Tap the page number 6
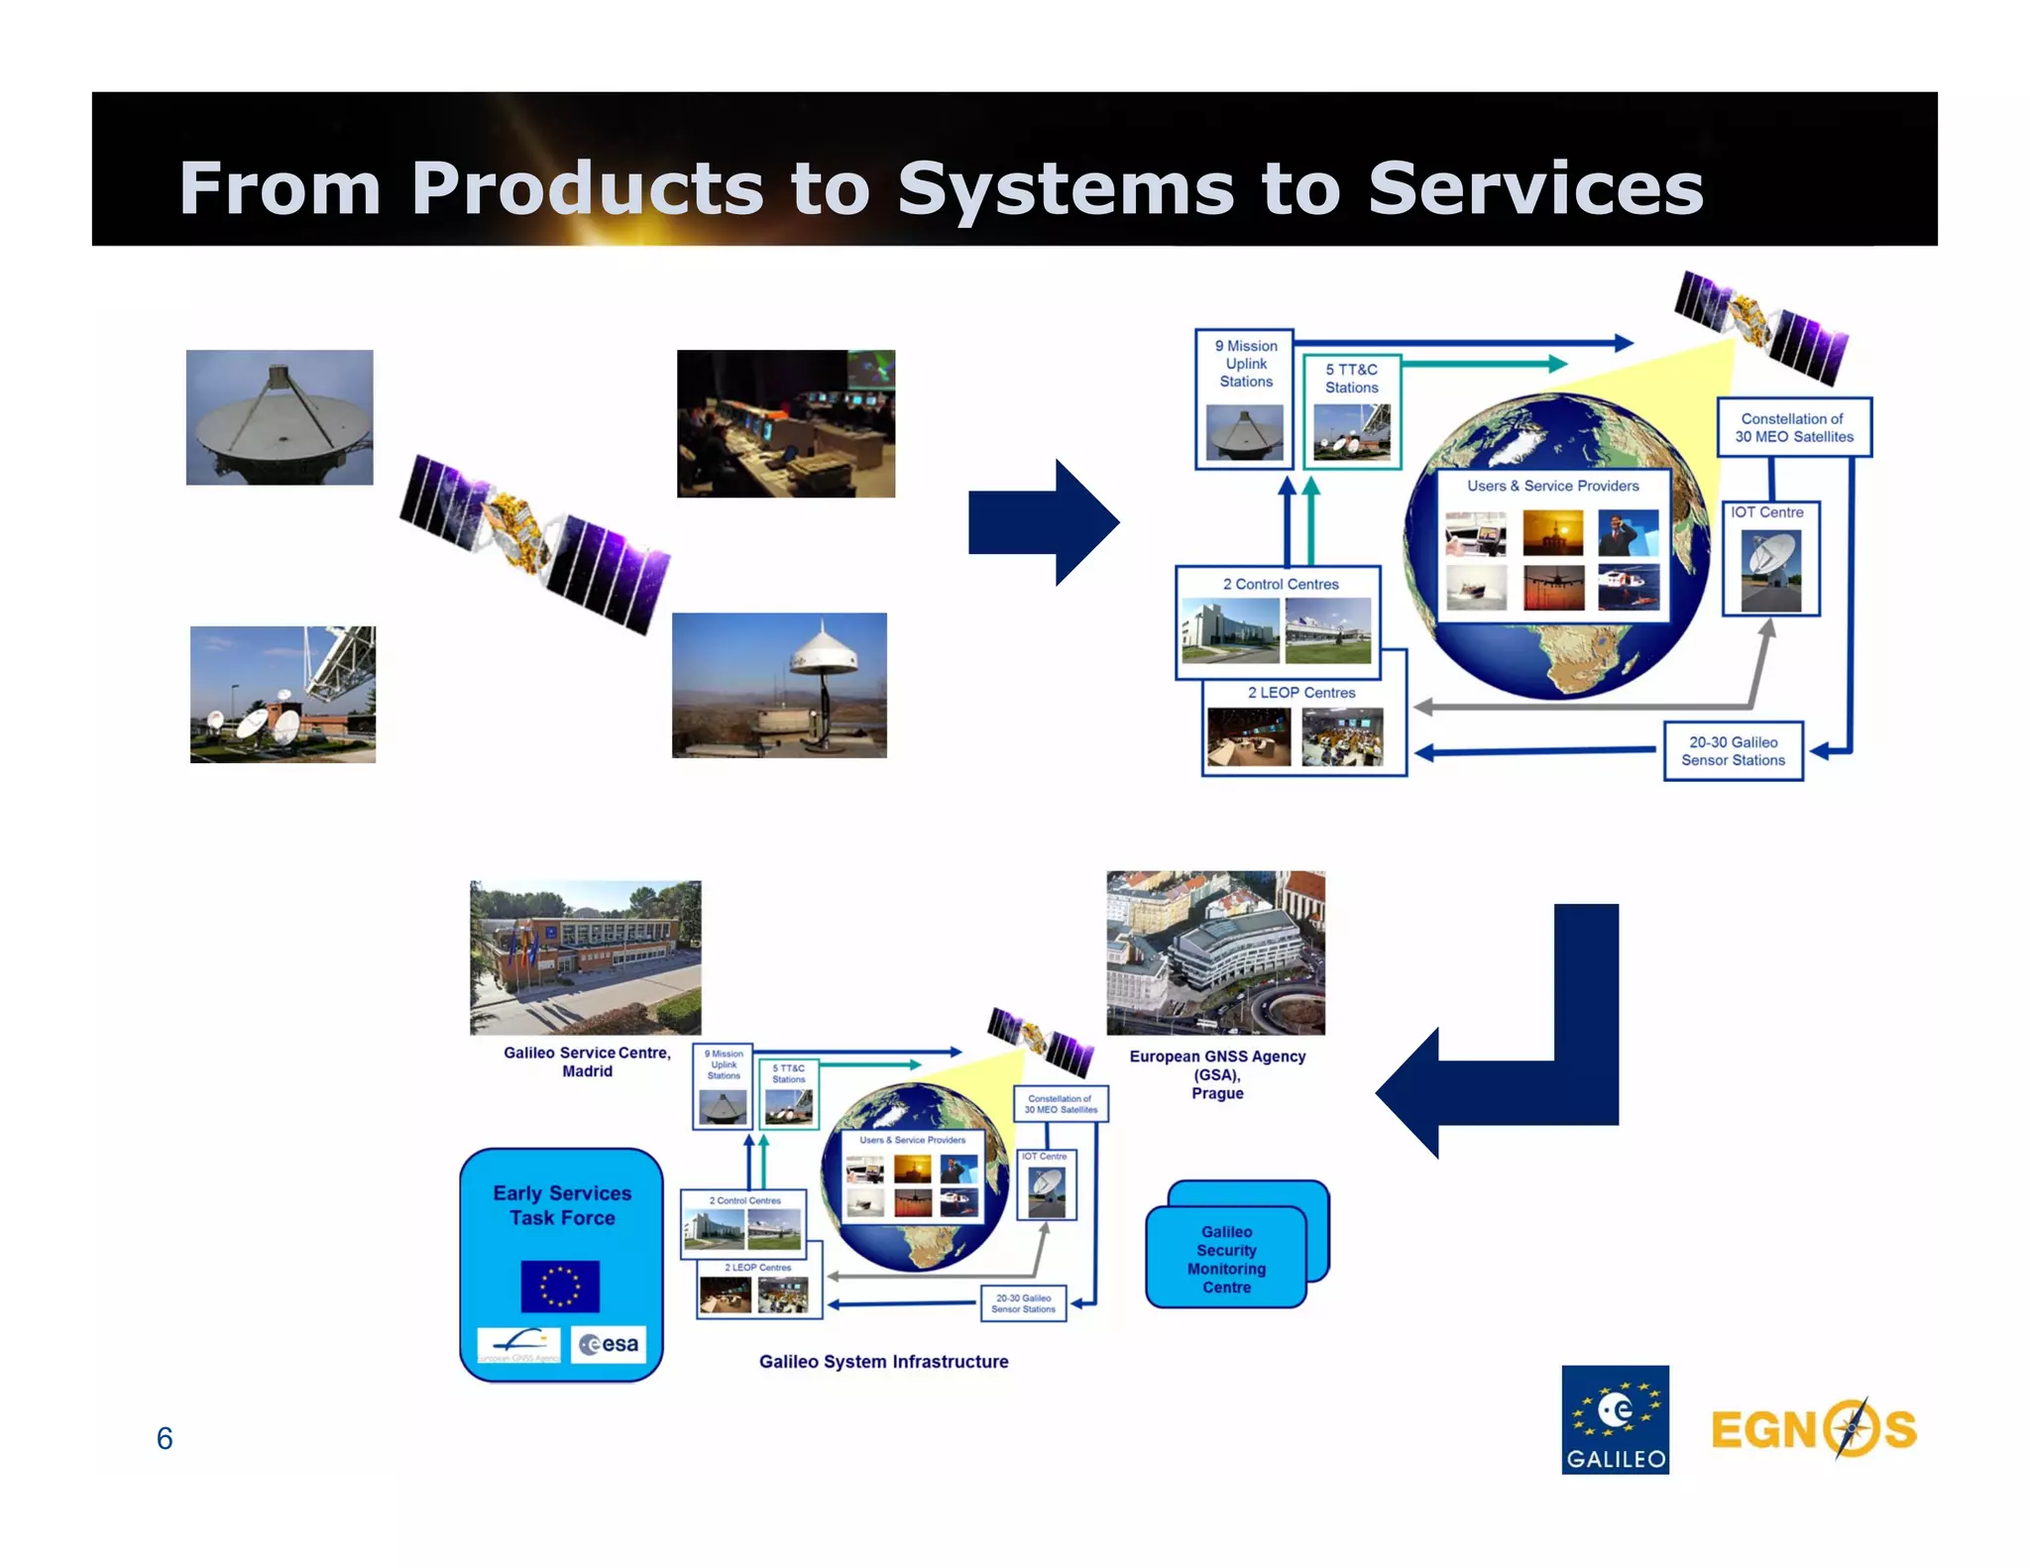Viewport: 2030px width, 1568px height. coord(165,1437)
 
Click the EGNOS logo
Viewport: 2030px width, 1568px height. coord(1813,1428)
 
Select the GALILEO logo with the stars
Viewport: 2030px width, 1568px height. coord(1615,1418)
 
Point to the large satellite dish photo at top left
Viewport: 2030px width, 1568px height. coord(280,417)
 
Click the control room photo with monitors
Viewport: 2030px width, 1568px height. coord(785,423)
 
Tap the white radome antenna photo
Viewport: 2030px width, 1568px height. coord(779,685)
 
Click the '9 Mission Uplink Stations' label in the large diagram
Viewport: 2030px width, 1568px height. coord(1246,364)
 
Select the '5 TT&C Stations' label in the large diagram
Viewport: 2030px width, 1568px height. coord(1351,379)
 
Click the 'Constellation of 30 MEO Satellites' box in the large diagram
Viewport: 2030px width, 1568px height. coord(1793,427)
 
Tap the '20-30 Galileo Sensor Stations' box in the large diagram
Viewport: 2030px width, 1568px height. coord(1733,751)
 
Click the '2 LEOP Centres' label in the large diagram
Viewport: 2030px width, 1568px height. coord(1300,693)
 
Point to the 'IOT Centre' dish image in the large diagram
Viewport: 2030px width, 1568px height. coord(1770,570)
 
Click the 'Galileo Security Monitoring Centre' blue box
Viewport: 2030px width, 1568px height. coord(1226,1259)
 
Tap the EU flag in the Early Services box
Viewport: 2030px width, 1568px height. coord(560,1286)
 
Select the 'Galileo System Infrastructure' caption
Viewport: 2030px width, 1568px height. coord(883,1362)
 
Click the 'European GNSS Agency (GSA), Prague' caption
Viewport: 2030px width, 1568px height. coord(1217,1074)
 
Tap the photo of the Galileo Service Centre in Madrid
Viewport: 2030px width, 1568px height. coord(585,957)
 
